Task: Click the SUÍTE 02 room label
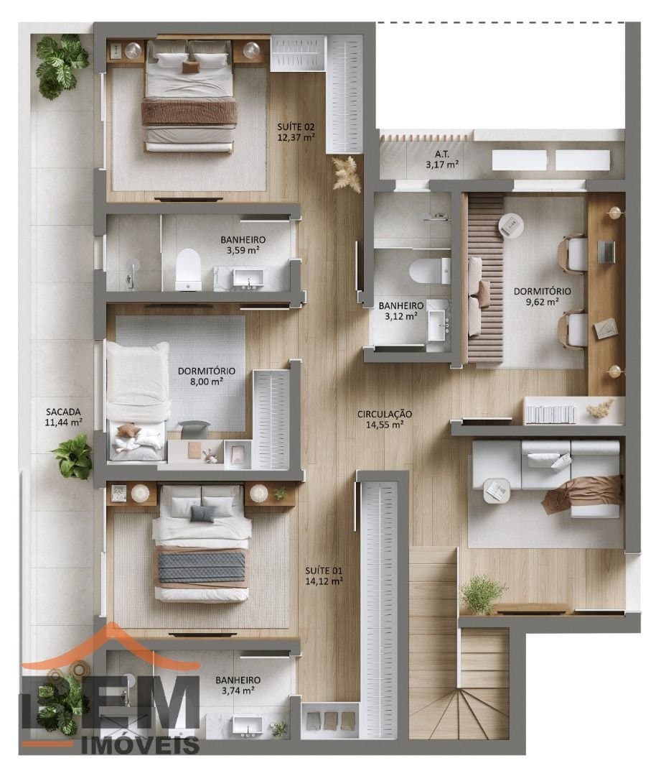[x=296, y=126]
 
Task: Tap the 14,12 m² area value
[x=324, y=581]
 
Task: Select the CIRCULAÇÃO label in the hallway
[x=385, y=414]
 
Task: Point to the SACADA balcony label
[x=63, y=412]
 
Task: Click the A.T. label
[x=442, y=154]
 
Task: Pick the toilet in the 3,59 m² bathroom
[x=188, y=269]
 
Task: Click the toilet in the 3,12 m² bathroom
[x=430, y=271]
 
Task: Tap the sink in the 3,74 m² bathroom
[x=248, y=726]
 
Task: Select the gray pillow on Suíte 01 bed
[x=202, y=514]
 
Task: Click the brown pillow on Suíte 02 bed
[x=190, y=68]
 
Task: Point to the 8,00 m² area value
[x=206, y=382]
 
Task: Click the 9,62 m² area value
[x=543, y=302]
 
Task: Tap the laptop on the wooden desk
[x=606, y=252]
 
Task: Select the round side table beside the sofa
[x=497, y=491]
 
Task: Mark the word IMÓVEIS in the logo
[x=140, y=744]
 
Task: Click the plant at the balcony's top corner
[x=61, y=66]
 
